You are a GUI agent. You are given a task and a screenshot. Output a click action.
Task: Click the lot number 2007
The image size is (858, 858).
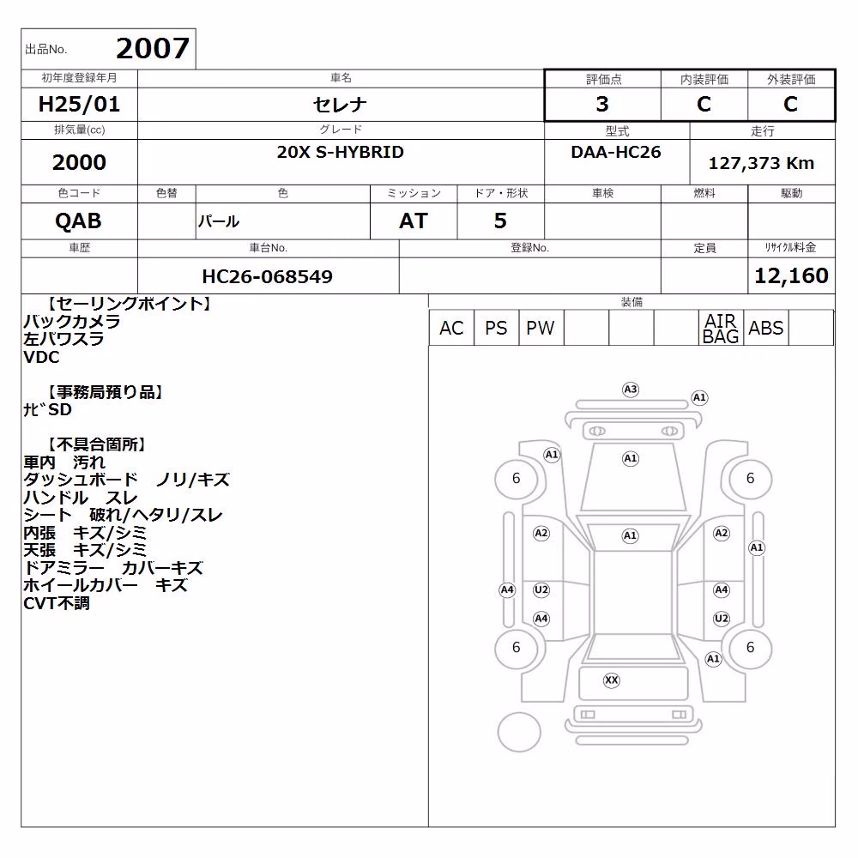click(153, 49)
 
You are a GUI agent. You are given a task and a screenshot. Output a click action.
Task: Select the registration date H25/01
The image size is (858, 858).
click(79, 104)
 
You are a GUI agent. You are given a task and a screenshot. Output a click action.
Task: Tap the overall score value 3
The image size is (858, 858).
click(602, 104)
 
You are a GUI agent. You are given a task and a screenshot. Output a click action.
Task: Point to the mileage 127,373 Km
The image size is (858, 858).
click(761, 163)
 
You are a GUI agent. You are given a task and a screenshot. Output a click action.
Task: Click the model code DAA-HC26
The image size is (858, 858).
click(615, 152)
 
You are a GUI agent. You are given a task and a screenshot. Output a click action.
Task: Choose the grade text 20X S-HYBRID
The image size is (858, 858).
click(340, 152)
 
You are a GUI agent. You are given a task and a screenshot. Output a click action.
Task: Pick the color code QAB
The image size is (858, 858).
click(78, 221)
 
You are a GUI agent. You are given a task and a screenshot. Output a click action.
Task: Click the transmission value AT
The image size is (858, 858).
click(414, 221)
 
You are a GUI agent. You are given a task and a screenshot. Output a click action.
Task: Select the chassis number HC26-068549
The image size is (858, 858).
click(267, 276)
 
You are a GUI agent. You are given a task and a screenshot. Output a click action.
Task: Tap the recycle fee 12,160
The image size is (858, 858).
click(791, 275)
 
